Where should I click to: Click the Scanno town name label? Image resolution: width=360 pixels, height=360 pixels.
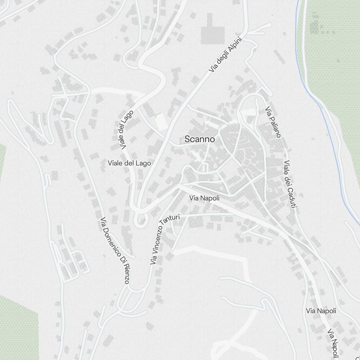[199, 139]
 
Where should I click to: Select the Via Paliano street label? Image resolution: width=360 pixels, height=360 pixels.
[273, 122]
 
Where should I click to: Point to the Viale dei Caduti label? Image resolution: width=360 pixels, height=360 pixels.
[290, 184]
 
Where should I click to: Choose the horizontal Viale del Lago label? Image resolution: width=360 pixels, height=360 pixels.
[129, 163]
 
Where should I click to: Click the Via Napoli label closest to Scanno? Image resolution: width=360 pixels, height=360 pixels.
[204, 198]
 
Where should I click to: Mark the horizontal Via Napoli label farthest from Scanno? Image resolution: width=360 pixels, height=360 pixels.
[321, 311]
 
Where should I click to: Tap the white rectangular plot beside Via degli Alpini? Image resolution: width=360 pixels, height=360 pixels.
[161, 122]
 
